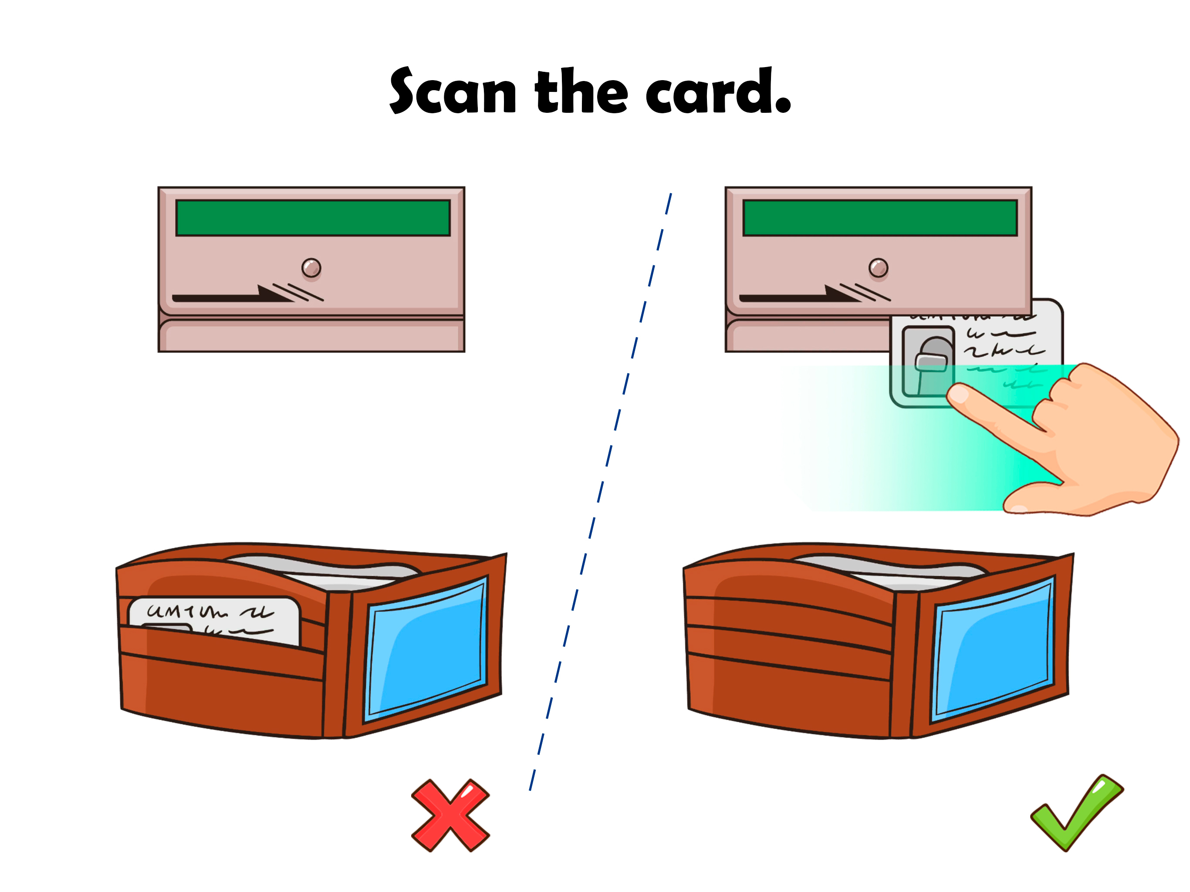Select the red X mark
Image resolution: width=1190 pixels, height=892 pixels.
coord(450,815)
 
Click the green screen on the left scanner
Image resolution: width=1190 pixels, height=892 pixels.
coord(313,218)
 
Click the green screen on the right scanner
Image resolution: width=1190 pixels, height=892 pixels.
coord(879,218)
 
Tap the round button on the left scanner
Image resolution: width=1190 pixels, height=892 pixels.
coord(311,267)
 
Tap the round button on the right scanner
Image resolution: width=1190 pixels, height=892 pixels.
coord(878,267)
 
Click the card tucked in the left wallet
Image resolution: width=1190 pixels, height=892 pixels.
coord(215,619)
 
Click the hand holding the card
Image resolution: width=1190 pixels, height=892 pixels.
coord(1108,441)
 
